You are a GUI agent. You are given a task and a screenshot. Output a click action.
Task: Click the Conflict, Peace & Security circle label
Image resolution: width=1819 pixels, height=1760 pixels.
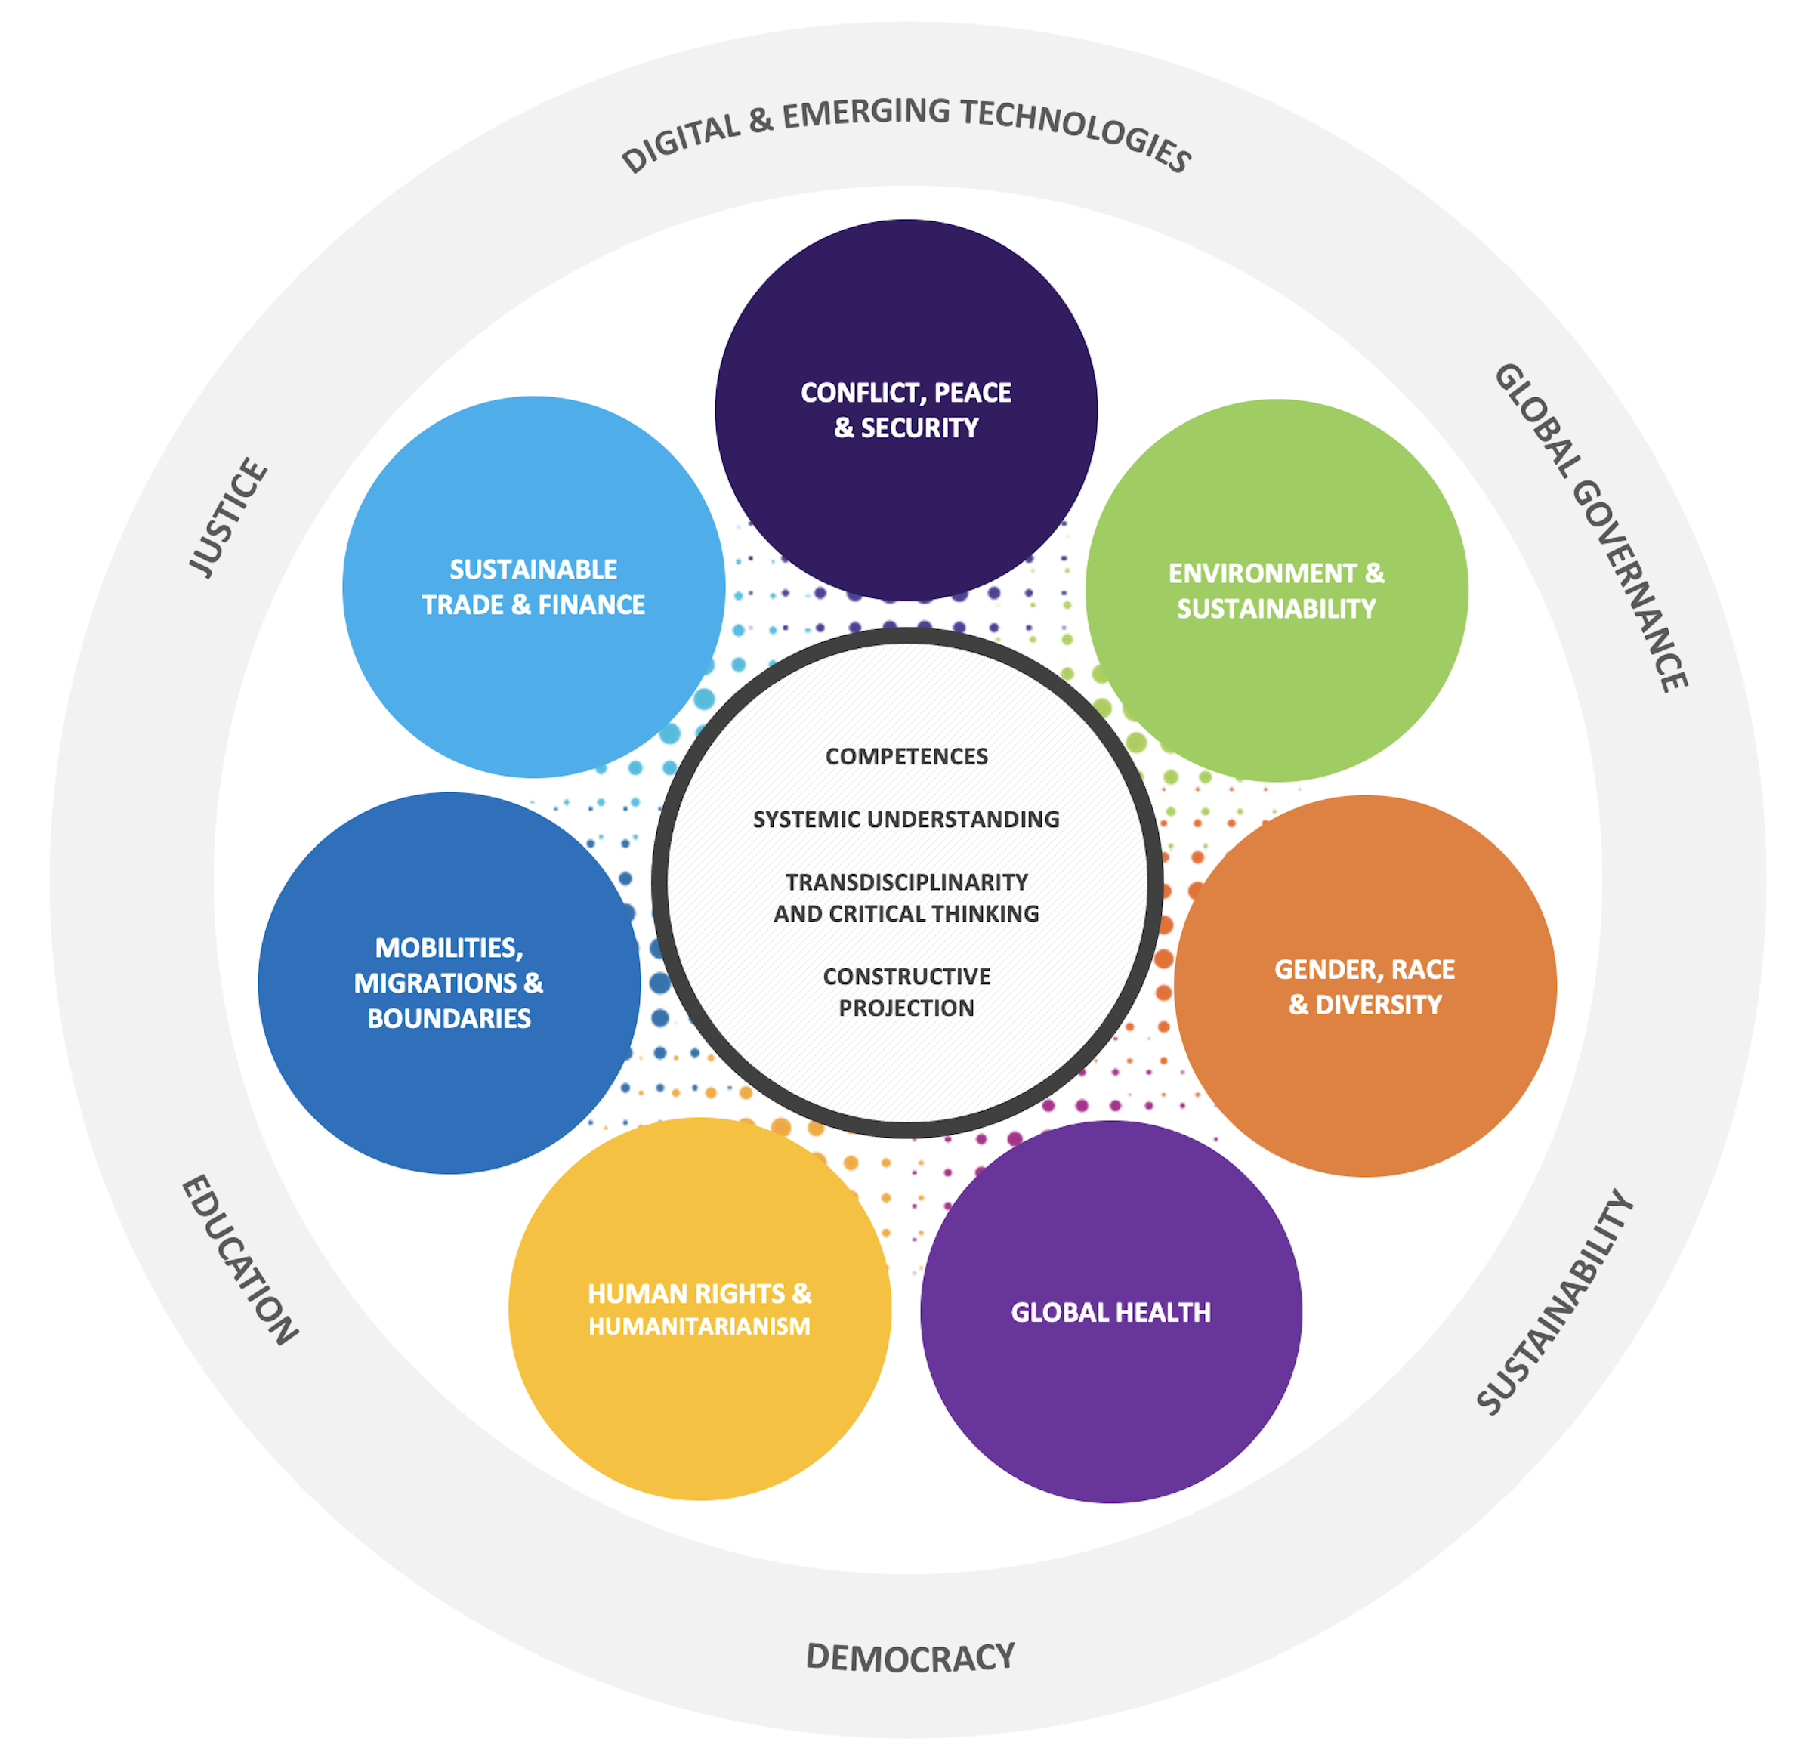tap(906, 410)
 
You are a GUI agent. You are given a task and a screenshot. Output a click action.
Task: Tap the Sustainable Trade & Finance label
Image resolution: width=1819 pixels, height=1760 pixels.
tap(533, 587)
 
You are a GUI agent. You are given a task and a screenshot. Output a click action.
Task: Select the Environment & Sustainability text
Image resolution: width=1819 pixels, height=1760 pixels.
tap(1276, 591)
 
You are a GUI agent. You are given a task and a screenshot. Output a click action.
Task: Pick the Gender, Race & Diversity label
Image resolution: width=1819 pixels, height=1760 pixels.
tap(1364, 987)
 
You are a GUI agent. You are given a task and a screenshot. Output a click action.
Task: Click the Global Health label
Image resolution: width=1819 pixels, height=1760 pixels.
tap(1111, 1313)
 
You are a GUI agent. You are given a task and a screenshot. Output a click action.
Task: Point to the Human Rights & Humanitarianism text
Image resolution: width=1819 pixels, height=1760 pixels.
tap(699, 1310)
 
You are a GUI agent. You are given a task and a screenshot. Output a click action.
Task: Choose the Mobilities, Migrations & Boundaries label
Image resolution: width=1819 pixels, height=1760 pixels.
tap(449, 983)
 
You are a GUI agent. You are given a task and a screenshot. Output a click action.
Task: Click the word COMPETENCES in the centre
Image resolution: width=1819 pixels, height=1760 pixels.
tap(906, 757)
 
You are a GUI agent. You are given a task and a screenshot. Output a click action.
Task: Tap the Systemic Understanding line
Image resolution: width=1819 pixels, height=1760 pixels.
tap(906, 820)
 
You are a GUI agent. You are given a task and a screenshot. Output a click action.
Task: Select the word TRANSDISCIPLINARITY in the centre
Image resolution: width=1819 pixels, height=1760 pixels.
tap(906, 882)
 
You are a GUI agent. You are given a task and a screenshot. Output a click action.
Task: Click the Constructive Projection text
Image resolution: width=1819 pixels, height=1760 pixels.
tap(906, 993)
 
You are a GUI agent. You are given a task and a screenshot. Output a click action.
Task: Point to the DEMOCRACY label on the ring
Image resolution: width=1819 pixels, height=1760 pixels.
tap(909, 1658)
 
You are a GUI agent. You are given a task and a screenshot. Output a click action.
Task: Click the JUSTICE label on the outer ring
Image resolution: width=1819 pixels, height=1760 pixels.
tap(228, 517)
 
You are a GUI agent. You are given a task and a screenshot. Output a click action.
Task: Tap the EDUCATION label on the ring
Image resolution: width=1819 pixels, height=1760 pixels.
tap(239, 1261)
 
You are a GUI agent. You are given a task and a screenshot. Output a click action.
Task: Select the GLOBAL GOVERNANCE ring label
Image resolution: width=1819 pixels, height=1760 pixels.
tap(1591, 527)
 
